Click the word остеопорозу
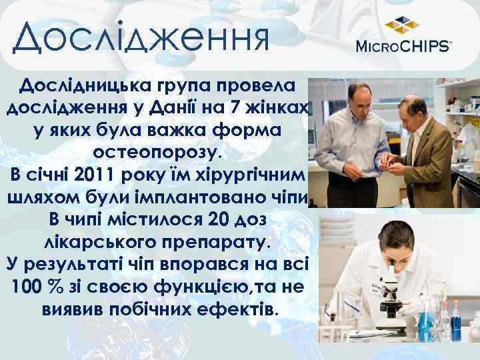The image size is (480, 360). click(160, 153)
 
